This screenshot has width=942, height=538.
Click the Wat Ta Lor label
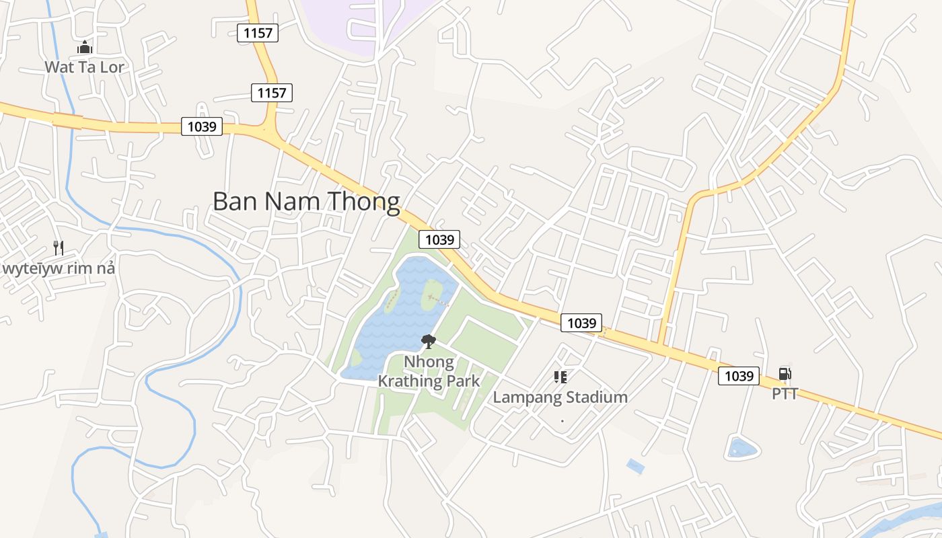point(85,67)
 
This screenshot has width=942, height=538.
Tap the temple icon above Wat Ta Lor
point(85,47)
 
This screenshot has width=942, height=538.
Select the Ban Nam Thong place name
point(306,202)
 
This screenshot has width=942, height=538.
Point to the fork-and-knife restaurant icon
point(59,248)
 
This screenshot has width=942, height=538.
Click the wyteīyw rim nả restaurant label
point(59,268)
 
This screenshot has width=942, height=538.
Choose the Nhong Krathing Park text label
point(429,371)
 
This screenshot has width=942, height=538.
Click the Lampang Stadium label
point(560,397)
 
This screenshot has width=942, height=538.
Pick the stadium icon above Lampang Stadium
point(560,377)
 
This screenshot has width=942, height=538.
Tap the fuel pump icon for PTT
point(785,374)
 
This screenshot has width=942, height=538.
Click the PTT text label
point(785,393)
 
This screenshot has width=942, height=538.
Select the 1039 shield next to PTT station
point(739,375)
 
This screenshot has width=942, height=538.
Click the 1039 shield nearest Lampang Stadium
point(581,323)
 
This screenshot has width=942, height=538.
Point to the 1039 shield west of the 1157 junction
point(201,126)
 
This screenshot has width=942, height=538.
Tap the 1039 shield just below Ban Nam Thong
point(439,239)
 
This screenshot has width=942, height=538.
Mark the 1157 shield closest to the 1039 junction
point(272,93)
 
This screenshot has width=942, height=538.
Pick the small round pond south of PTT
point(742,447)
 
